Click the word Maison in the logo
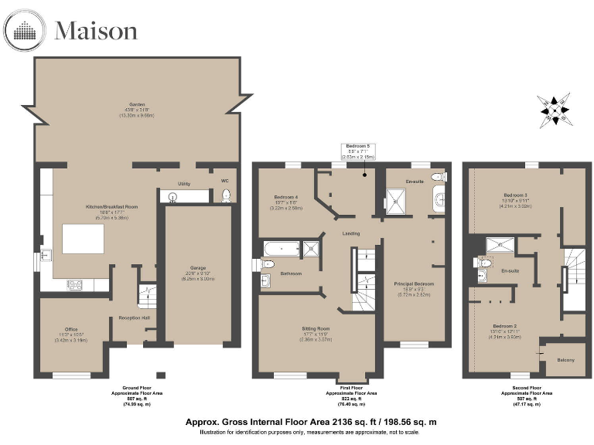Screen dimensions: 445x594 click(x=96, y=31)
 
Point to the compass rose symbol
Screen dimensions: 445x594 click(x=555, y=109)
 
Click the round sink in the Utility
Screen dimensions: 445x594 click(x=172, y=197)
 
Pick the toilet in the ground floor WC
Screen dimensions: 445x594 click(x=224, y=195)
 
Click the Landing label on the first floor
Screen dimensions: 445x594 click(x=351, y=233)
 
